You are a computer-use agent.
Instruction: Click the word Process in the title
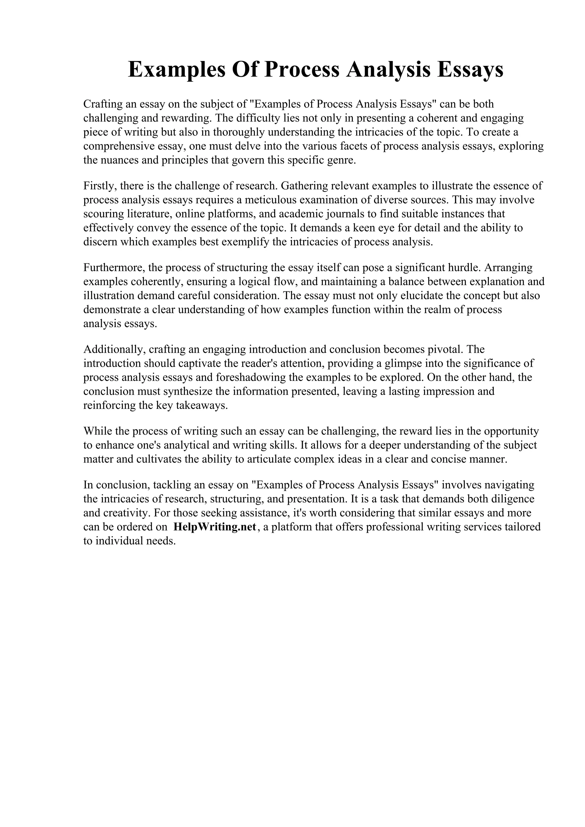pyautogui.click(x=302, y=70)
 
